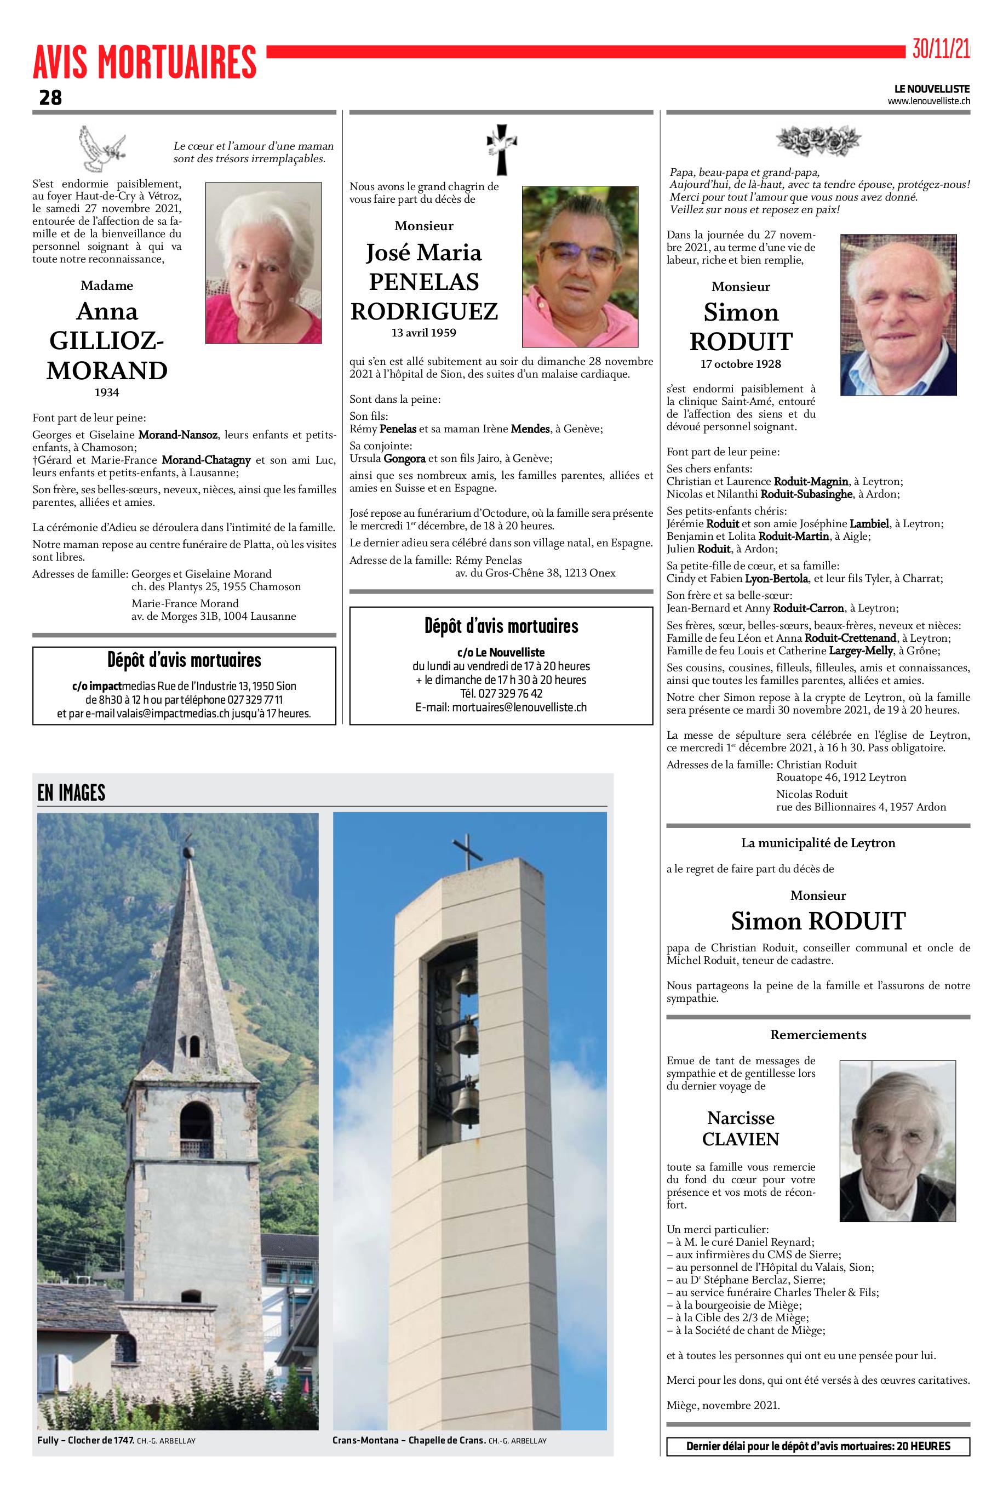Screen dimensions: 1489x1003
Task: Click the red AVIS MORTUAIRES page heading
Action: point(145,62)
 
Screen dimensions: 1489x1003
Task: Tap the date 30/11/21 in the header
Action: point(941,49)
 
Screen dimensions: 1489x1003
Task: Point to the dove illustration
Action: point(101,149)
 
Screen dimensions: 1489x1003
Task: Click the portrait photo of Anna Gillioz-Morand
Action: point(263,263)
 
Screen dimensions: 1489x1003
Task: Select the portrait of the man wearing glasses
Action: point(580,266)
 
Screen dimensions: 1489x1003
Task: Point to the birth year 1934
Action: point(107,392)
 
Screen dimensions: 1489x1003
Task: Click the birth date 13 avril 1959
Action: point(423,333)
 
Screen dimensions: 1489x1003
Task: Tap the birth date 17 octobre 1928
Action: point(741,364)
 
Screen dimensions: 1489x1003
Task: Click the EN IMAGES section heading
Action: point(71,793)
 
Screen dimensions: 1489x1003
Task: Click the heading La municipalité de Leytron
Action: point(818,843)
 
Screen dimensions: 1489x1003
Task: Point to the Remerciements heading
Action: point(818,1035)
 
